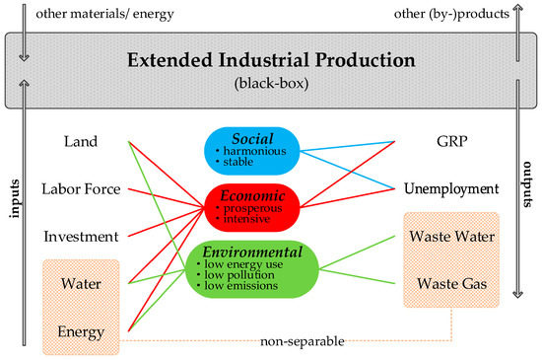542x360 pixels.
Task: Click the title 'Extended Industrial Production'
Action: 271,58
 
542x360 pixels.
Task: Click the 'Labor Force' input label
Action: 82,188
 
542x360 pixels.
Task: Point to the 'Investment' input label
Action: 82,237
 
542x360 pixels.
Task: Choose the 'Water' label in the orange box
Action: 81,284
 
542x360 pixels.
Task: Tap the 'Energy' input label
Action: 81,331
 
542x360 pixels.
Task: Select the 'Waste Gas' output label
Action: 447,284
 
